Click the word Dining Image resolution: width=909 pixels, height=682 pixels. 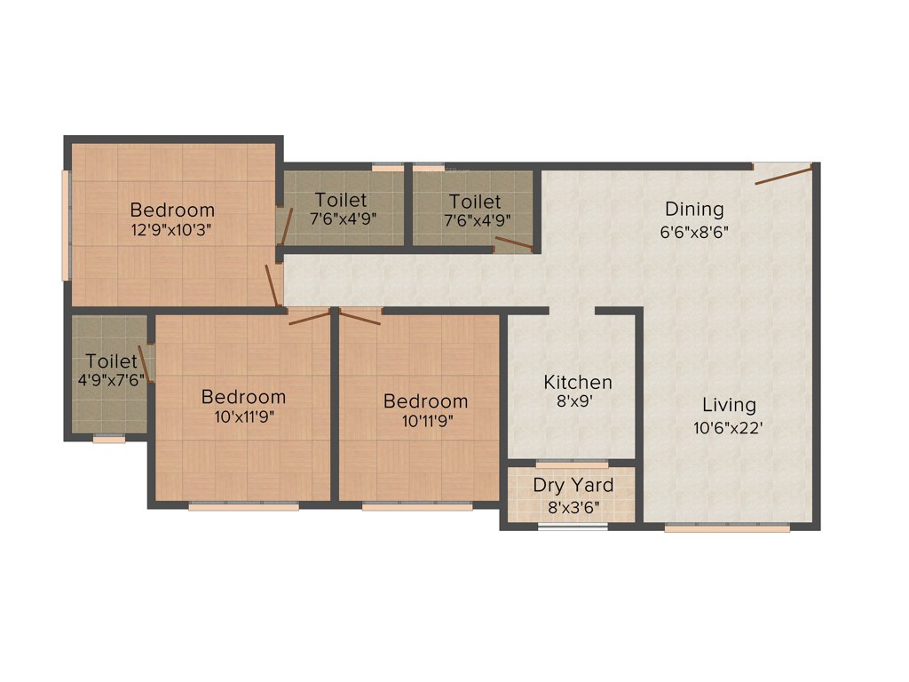point(695,210)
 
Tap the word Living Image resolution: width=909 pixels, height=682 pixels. point(729,405)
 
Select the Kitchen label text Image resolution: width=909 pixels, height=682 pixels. point(578,383)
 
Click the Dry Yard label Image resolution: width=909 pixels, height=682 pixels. point(573,486)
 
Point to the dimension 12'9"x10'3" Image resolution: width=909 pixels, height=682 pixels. point(172,228)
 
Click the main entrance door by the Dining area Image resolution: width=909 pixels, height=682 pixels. point(783,173)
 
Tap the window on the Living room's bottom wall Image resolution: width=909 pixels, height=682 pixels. point(727,528)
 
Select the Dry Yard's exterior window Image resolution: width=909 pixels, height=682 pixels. point(573,527)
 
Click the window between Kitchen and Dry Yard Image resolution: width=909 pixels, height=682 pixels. point(573,464)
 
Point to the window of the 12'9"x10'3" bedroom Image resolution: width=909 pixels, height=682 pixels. point(64,225)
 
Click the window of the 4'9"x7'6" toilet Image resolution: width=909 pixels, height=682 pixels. point(109,438)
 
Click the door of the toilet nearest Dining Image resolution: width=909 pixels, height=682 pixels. point(515,244)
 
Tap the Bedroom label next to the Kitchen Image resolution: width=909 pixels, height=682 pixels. point(425,401)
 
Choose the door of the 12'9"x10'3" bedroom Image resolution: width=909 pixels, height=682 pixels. point(273,284)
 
